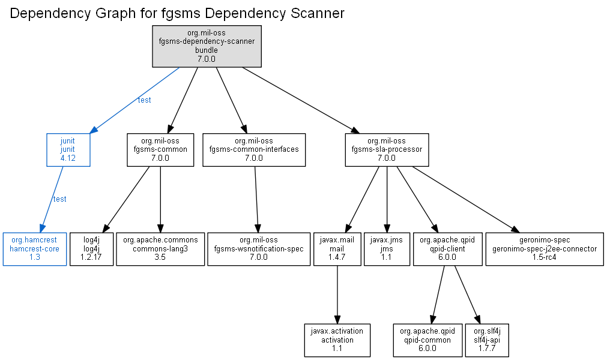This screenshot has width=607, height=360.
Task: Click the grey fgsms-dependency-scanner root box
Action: (x=207, y=46)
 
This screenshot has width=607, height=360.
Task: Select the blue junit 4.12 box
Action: (x=68, y=150)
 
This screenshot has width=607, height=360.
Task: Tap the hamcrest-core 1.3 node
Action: (x=35, y=249)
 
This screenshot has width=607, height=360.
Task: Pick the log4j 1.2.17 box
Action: (x=91, y=249)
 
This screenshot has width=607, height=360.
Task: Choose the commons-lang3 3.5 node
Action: (x=160, y=249)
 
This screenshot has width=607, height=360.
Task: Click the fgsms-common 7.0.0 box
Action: (x=160, y=150)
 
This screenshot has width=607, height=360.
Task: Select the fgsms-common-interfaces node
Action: (x=254, y=150)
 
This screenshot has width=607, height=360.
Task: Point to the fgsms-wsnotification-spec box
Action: (x=259, y=249)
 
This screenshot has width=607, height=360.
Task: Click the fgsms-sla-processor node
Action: (x=387, y=150)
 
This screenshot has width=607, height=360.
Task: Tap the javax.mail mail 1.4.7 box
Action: (x=337, y=249)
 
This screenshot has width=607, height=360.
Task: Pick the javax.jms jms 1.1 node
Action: (x=387, y=249)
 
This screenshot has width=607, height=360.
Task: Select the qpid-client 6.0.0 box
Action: (x=447, y=249)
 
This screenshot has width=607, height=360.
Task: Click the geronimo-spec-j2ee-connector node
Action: (x=545, y=249)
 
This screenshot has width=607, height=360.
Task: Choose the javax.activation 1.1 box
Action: (x=337, y=340)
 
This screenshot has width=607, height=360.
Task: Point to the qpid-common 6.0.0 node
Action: (x=427, y=340)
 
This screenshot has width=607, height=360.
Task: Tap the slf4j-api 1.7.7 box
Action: (x=487, y=340)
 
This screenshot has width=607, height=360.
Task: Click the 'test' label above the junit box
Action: (x=144, y=100)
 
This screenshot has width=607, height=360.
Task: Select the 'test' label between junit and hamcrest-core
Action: (x=59, y=199)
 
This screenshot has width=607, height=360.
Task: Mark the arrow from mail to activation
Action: (x=337, y=295)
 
